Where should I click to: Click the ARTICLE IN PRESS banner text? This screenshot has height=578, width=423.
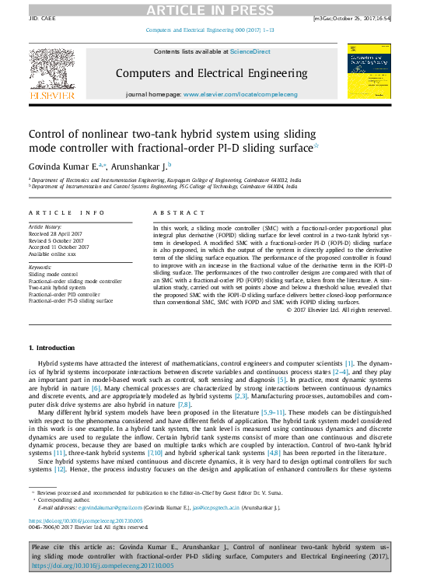(211, 9)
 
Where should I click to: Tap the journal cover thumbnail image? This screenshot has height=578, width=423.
(369, 71)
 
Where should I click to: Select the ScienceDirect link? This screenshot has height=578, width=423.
(250, 51)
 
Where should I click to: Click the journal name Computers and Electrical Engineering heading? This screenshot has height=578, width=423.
(210, 73)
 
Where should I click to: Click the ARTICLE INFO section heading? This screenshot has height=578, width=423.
(66, 212)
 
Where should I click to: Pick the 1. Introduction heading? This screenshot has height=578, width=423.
(52, 347)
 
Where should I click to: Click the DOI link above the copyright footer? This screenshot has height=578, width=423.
(86, 521)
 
